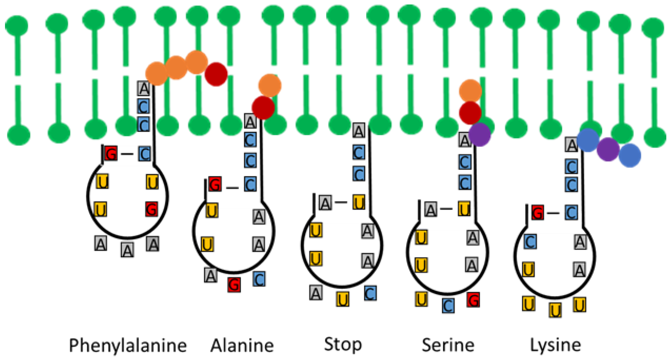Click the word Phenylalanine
(128, 346)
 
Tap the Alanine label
(242, 346)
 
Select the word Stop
(343, 344)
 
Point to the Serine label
(448, 345)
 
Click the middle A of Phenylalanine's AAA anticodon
(127, 250)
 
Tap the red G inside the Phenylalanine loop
(152, 209)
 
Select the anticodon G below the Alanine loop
(234, 285)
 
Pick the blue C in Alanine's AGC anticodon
(259, 279)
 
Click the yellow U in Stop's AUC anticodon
(343, 299)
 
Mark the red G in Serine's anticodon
(473, 300)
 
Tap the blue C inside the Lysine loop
(530, 242)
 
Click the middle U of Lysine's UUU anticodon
(555, 310)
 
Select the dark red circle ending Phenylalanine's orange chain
(216, 74)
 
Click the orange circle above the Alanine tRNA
(270, 85)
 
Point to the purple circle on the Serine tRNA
(479, 134)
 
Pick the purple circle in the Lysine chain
(608, 149)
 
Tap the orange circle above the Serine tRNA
(470, 91)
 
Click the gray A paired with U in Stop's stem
(325, 203)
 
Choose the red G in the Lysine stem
(538, 212)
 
